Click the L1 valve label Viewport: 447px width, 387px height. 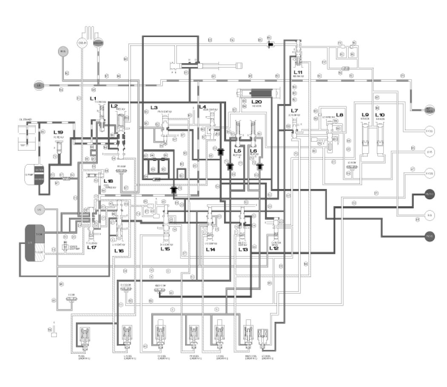click(x=93, y=98)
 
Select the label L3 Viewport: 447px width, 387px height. click(x=154, y=107)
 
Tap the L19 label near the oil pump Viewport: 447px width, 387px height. click(x=58, y=133)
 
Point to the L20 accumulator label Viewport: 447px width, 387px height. click(x=256, y=102)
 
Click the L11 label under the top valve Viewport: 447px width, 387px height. click(x=298, y=73)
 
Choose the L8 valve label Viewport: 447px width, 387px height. click(x=340, y=115)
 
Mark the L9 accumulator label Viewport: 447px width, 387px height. click(x=365, y=115)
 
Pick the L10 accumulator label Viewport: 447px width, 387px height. click(x=380, y=115)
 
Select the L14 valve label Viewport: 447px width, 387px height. click(x=210, y=249)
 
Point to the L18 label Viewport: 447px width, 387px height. click(x=108, y=181)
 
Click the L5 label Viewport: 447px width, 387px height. click(x=237, y=151)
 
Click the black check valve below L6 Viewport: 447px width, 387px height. click(x=260, y=166)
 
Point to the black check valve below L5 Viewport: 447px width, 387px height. click(x=230, y=166)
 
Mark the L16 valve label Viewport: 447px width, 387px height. click(x=119, y=251)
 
